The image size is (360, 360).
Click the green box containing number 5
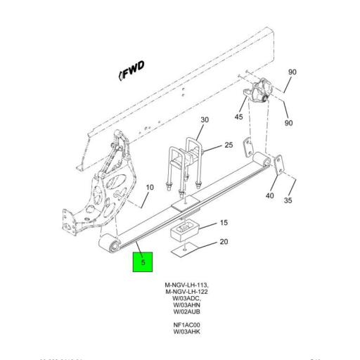pos(145,262)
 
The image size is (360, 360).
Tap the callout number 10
pos(149,187)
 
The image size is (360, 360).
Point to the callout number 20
pos(224,242)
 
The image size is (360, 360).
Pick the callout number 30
pos(205,120)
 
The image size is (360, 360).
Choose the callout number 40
pos(269,196)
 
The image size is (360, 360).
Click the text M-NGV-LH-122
pos(186,291)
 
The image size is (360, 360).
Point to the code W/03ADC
pos(186,298)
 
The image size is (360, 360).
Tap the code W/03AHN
pos(186,304)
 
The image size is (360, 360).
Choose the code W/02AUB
pos(186,311)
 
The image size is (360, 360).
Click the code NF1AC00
pos(186,325)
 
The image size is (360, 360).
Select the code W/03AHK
pos(186,331)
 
